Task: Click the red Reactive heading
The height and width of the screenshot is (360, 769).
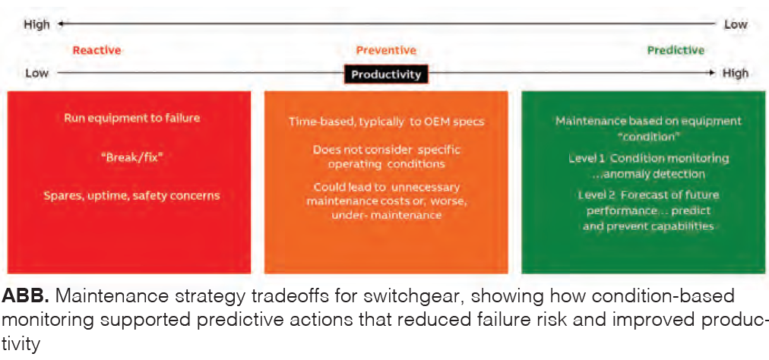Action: point(97,50)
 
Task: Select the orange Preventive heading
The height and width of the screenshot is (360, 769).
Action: point(386,50)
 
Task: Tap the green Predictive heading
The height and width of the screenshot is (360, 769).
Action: point(676,50)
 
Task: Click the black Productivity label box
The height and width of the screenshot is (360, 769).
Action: point(386,74)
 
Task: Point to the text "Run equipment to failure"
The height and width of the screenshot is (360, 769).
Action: point(132,118)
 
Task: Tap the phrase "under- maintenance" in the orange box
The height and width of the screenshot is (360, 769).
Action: point(386,215)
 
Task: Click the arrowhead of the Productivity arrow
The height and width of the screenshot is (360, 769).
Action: point(712,73)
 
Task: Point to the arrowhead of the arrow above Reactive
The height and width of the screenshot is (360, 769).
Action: point(61,24)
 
